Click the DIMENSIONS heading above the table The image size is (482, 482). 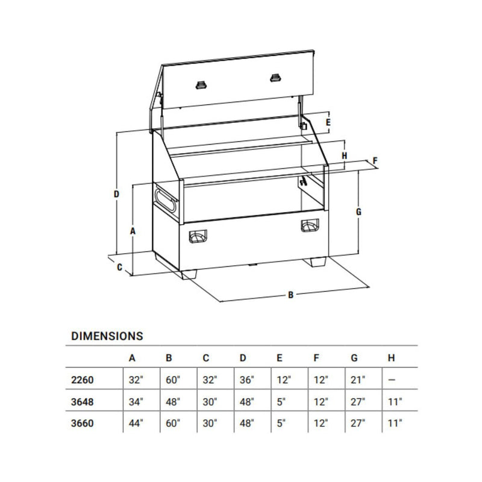(x=107, y=335)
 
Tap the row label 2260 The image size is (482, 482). (x=82, y=380)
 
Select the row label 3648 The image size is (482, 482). (x=82, y=401)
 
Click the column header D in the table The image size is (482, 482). (x=243, y=358)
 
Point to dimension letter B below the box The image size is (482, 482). (x=290, y=295)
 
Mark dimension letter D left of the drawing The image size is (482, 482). (x=116, y=194)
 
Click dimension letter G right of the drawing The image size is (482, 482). (x=358, y=212)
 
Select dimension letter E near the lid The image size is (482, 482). (x=328, y=122)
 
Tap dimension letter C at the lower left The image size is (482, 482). (x=119, y=266)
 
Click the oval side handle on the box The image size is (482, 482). (x=165, y=199)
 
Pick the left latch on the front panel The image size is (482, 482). (x=197, y=236)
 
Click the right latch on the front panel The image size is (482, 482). (x=311, y=225)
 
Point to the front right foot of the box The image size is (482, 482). (x=317, y=263)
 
